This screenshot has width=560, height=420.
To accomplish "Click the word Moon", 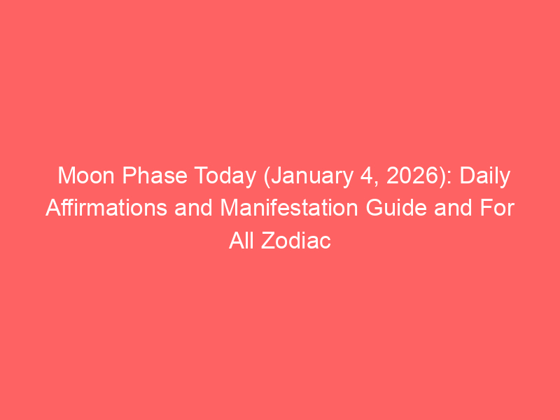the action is [86, 176].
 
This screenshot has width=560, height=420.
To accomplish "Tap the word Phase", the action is [155, 176].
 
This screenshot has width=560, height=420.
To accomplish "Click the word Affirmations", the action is [106, 208].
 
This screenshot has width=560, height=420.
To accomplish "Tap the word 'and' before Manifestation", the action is [193, 208].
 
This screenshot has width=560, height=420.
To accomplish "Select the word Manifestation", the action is [289, 208].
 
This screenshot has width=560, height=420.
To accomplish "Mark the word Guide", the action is [396, 208].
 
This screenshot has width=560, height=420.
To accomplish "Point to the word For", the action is [497, 208].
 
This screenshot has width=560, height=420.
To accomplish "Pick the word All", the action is [241, 240].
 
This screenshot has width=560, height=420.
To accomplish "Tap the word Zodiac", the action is [295, 240].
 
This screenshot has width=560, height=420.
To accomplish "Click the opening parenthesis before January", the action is [267, 178].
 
